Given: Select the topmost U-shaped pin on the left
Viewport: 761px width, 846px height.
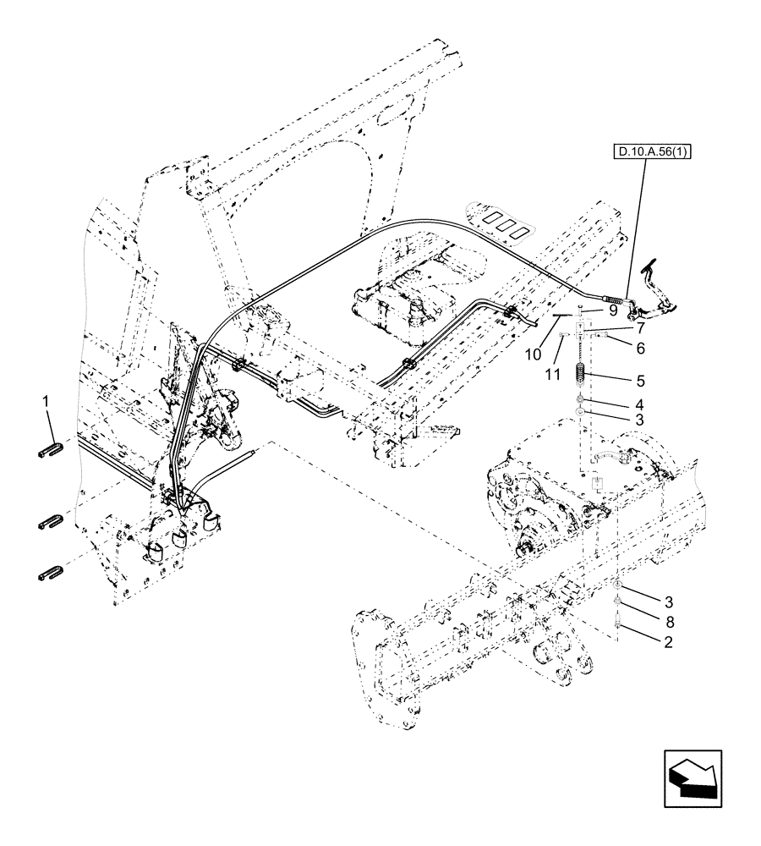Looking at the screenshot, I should tap(50, 449).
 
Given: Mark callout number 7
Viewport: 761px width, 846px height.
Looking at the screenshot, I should tap(641, 327).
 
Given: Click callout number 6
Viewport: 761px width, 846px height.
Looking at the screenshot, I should tap(641, 348).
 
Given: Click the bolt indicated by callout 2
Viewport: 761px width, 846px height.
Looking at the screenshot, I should tap(618, 625).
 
